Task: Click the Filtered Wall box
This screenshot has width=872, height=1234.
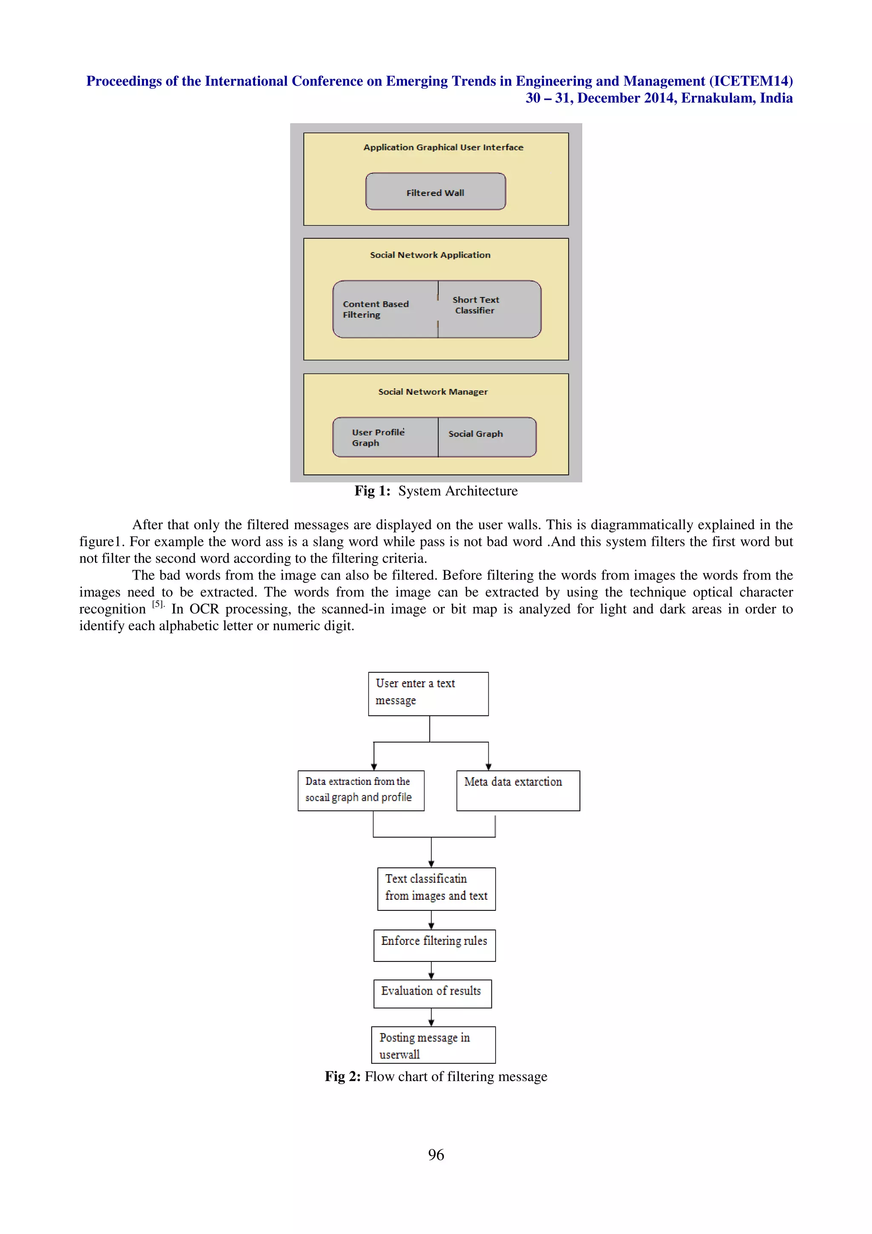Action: point(435,192)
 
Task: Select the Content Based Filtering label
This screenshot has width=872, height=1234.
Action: point(376,309)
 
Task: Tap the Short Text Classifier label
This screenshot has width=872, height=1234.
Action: point(476,305)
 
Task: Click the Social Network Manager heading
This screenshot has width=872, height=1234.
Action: point(433,392)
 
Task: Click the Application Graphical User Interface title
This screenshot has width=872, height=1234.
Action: point(443,147)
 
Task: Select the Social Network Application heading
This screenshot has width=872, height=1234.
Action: point(430,255)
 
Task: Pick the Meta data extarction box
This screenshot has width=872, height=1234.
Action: point(517,790)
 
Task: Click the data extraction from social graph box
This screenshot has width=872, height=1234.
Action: point(361,790)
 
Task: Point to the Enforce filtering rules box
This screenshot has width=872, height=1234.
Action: point(434,945)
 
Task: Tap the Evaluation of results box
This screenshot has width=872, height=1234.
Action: point(432,993)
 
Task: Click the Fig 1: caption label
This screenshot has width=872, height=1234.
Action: point(372,491)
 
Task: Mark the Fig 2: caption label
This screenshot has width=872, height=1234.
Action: point(342,1076)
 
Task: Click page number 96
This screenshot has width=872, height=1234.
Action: point(436,1154)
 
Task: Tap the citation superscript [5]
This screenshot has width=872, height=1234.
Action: point(158,604)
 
